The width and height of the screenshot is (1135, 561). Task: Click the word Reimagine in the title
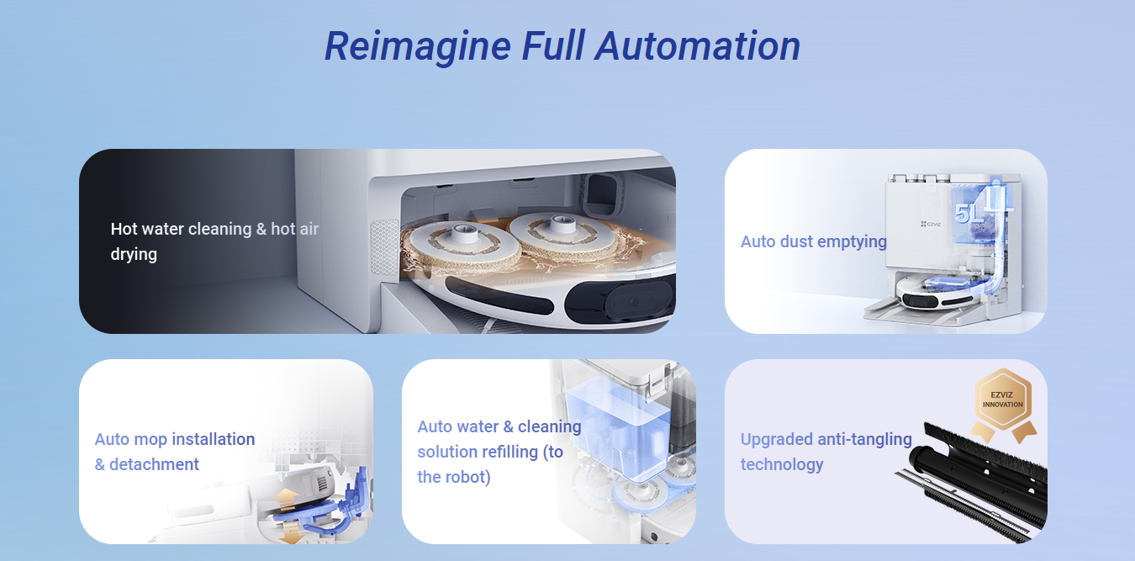[x=418, y=47]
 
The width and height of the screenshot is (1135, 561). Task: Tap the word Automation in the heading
[x=698, y=46]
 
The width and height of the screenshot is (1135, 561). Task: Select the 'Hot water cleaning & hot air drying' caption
[x=214, y=241]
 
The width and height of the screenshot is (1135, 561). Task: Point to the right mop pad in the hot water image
[x=563, y=236]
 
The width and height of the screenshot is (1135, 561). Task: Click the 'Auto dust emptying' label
[x=813, y=241]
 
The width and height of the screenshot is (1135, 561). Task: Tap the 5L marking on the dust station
[x=969, y=214]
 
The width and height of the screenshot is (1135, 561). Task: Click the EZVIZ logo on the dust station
[x=931, y=224]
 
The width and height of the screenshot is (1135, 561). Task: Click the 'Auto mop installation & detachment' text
[x=175, y=452]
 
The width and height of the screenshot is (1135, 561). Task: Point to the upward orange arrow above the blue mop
[x=287, y=498]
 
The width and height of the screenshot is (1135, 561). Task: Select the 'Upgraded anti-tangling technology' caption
[x=826, y=452]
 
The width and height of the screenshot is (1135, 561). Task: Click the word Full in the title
[x=553, y=46]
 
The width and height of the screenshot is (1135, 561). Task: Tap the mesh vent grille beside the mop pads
[x=385, y=247]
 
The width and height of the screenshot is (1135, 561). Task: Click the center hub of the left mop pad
[x=463, y=234]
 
